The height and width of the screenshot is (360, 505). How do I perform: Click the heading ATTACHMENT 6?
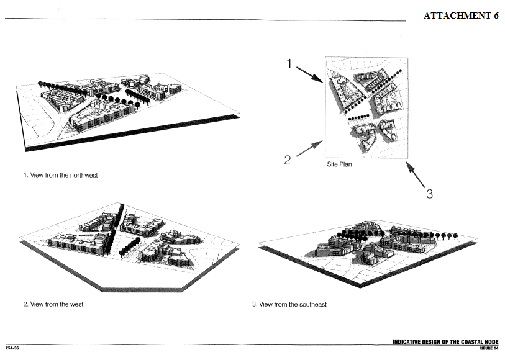[x=461, y=16]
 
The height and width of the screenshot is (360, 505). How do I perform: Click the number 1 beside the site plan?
[x=289, y=64]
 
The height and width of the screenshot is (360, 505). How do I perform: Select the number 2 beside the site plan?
[x=287, y=160]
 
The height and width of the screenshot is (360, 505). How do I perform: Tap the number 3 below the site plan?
[x=429, y=194]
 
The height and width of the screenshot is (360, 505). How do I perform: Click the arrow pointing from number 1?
[x=309, y=74]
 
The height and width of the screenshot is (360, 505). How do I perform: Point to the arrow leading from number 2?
[x=309, y=148]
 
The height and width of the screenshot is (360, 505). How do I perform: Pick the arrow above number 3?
[x=415, y=174]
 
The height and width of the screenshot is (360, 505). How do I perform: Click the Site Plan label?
[x=339, y=164]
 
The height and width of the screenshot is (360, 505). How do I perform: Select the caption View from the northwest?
[x=60, y=175]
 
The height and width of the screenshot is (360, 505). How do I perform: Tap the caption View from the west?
[x=53, y=304]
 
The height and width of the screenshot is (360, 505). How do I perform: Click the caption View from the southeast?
[x=289, y=304]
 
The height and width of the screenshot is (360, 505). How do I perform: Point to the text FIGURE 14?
[x=489, y=348]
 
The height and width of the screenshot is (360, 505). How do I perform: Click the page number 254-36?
[x=12, y=348]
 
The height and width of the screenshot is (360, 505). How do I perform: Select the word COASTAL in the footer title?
[x=472, y=342]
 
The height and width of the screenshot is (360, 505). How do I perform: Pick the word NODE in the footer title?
[x=491, y=342]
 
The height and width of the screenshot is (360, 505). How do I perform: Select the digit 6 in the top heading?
[x=496, y=16]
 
